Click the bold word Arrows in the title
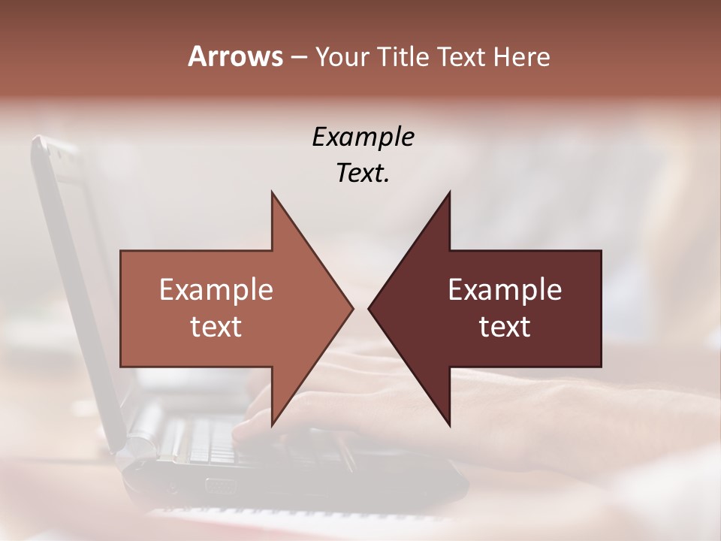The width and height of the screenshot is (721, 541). click(235, 56)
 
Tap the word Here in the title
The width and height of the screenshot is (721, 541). click(522, 56)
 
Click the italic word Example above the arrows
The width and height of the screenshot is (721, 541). click(364, 137)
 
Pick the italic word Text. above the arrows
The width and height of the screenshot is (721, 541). click(364, 173)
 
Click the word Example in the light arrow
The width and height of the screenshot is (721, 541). click(216, 289)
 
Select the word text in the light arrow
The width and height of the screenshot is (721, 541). click(216, 326)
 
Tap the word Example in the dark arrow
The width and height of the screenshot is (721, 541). click(505, 289)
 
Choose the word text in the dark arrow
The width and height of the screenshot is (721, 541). click(505, 326)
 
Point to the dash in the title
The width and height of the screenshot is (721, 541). click(298, 56)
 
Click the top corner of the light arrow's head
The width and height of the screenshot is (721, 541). click(272, 193)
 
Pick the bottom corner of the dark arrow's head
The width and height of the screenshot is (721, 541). click(449, 425)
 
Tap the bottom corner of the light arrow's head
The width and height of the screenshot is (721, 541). click(272, 425)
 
